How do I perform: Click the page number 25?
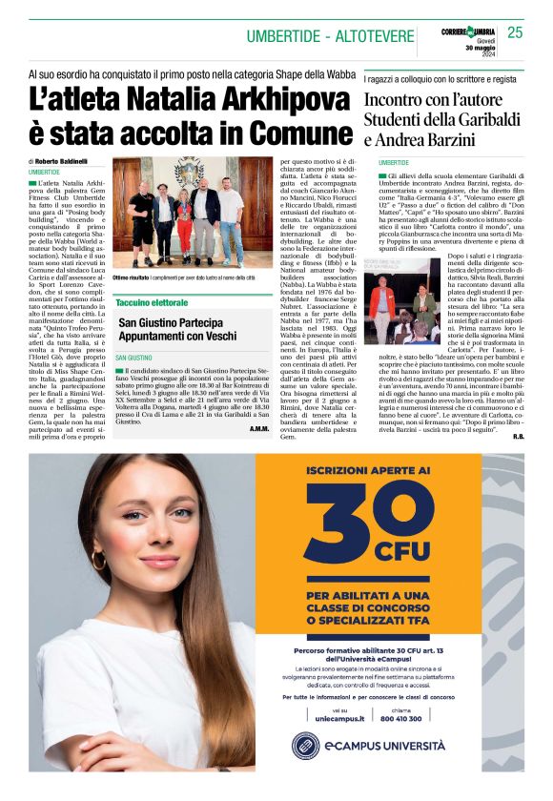516,32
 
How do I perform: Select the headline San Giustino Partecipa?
169,322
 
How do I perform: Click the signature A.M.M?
259,427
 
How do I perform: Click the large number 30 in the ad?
363,521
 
